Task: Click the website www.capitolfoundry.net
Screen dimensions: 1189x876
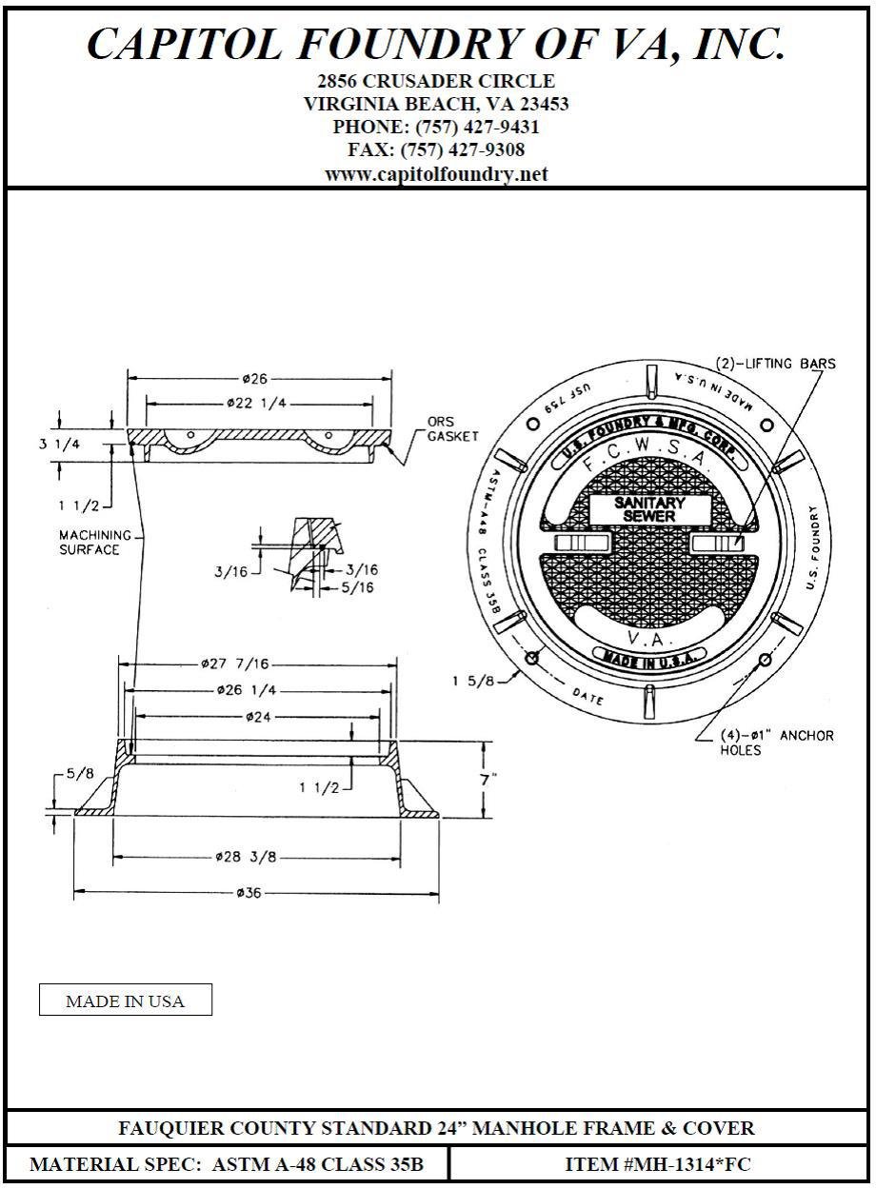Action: [436, 174]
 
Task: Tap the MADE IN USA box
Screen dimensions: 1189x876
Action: [125, 1001]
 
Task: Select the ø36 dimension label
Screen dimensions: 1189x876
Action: [253, 893]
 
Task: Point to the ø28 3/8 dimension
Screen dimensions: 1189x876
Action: [246, 857]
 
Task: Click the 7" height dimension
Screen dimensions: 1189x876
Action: [489, 779]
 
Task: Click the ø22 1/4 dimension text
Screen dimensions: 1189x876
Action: [257, 404]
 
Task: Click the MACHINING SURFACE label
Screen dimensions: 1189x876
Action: [91, 543]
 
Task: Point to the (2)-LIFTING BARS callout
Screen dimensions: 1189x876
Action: [775, 364]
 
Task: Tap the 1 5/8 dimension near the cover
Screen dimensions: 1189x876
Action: [471, 680]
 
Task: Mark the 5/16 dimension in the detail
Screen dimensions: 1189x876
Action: [358, 587]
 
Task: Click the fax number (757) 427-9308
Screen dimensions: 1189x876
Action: [436, 149]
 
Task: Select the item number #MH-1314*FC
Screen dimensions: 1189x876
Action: [660, 1164]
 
